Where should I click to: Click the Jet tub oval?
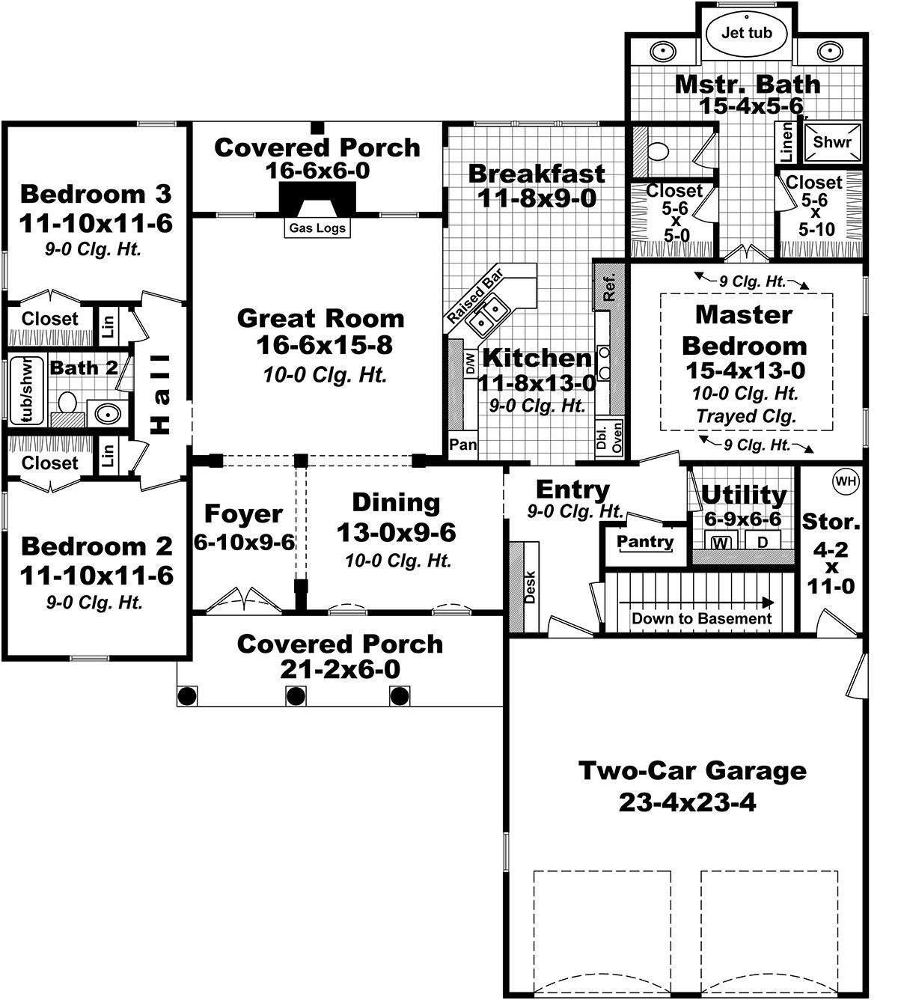pos(746,33)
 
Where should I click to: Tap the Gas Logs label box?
pos(317,228)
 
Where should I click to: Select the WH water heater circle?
pos(846,481)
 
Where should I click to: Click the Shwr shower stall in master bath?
pos(832,142)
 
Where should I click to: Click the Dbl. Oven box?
pos(609,437)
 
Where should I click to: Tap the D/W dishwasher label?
pos(470,363)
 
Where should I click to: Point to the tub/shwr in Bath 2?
pos(27,390)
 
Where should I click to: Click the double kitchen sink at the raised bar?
pos(488,317)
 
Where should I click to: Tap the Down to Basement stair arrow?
pos(696,603)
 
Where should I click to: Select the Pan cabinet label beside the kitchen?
pos(462,445)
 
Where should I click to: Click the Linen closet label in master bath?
pos(786,142)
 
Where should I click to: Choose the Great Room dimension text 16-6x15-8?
pos(324,344)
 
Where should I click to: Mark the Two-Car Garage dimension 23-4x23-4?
pos(687,802)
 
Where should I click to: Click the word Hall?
pos(160,394)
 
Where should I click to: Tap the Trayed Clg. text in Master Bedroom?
pos(746,416)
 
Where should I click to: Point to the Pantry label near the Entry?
pos(645,541)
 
